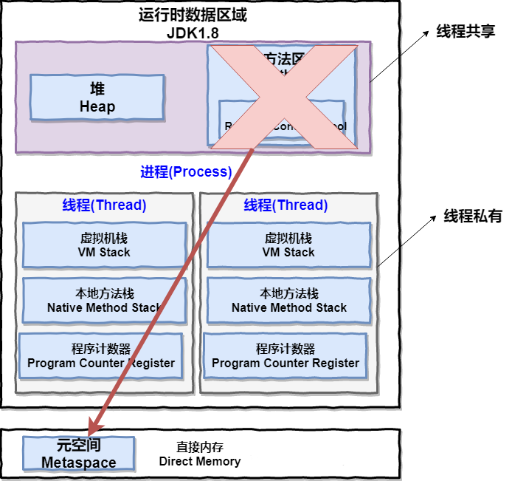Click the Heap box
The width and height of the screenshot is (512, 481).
[97, 98]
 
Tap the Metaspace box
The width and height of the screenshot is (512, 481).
[78, 454]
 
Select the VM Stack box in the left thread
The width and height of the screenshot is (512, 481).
[104, 245]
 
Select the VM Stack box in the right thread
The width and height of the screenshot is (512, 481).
[288, 245]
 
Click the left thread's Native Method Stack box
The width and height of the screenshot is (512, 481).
[104, 301]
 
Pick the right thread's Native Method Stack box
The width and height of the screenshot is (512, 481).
[288, 301]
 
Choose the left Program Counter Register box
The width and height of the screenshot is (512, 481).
[101, 356]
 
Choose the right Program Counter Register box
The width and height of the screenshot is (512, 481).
[286, 356]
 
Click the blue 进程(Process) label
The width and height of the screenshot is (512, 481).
[186, 172]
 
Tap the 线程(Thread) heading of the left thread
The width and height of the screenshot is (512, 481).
[104, 205]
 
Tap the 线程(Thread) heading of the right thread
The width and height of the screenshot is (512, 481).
[286, 205]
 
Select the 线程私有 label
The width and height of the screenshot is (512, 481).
[472, 216]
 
